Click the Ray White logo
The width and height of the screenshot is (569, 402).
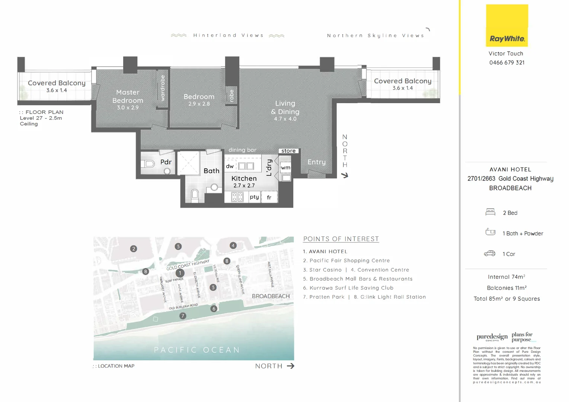point(507,25)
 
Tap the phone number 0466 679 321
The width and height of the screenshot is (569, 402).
point(507,63)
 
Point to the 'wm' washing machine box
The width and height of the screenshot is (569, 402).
point(285,167)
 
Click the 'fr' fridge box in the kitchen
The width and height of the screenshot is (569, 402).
point(269,197)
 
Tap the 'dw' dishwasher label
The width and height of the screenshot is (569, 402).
point(230,166)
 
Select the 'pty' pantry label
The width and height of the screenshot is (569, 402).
point(255,197)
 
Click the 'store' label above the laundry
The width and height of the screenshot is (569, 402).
point(288,151)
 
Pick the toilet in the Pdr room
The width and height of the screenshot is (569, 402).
point(148,163)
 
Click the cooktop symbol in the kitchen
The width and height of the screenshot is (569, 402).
point(237,197)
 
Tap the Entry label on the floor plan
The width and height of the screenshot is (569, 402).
point(316,162)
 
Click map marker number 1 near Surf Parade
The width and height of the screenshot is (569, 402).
point(180,273)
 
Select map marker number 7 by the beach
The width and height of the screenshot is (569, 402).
point(183,316)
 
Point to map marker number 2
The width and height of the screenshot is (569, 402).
point(134,249)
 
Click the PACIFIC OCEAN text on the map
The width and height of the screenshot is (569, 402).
point(197,350)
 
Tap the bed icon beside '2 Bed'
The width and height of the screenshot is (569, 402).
point(490,213)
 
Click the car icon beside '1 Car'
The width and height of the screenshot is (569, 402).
point(489,253)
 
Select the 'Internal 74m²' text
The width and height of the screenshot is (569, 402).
point(506,277)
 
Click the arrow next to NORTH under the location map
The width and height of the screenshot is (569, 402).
point(291,366)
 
